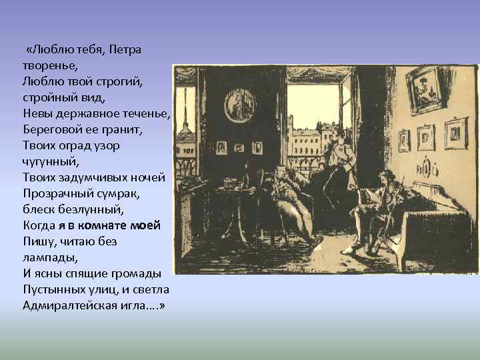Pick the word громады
[x=137, y=273]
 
